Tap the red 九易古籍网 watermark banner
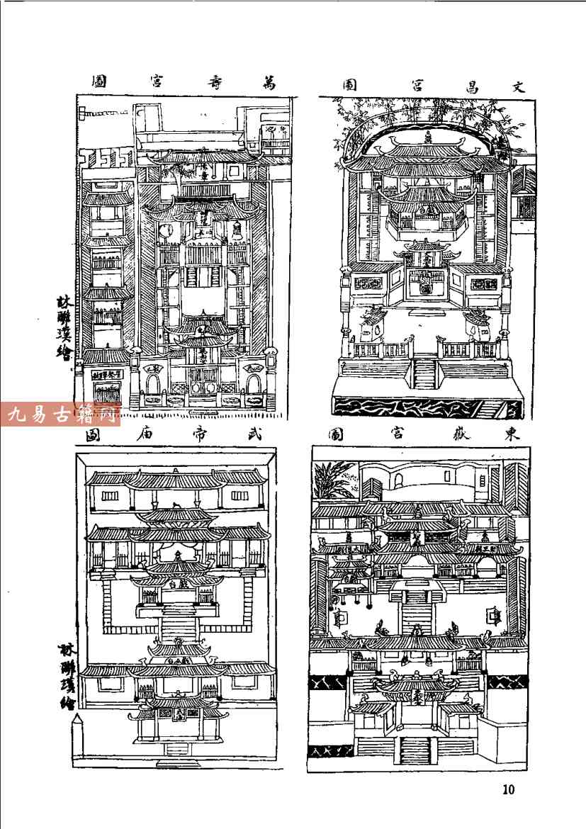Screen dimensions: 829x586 click(61, 414)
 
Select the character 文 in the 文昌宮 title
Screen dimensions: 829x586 click(517, 86)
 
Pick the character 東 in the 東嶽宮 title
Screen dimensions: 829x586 click(512, 434)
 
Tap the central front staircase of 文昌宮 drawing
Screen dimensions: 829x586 click(424, 373)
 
